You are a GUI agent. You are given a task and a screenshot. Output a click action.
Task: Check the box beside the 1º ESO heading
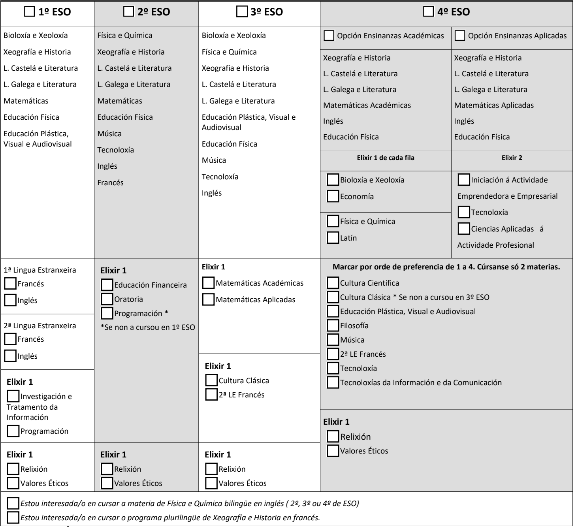pyautogui.click(x=30, y=12)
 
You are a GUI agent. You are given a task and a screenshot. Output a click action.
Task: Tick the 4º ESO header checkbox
pyautogui.click(x=428, y=12)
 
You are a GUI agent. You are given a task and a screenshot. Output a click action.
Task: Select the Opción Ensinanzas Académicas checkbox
pyautogui.click(x=329, y=36)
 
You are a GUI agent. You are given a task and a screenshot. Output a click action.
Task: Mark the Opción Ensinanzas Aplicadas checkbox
pyautogui.click(x=460, y=36)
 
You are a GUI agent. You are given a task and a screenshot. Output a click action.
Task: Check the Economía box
pyautogui.click(x=333, y=196)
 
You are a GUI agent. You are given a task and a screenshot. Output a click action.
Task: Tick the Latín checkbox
pyautogui.click(x=333, y=238)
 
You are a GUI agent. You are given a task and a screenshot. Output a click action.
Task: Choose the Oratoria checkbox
pyautogui.click(x=107, y=299)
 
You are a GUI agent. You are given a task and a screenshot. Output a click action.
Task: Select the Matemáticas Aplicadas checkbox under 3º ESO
pyautogui.click(x=208, y=299)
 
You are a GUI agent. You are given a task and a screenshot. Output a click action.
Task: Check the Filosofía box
pyautogui.click(x=333, y=326)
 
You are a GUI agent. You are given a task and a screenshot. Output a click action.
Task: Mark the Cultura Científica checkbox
pyautogui.click(x=333, y=283)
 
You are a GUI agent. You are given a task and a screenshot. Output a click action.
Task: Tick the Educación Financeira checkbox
pyautogui.click(x=107, y=285)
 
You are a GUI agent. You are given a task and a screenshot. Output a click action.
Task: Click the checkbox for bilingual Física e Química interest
pyautogui.click(x=13, y=503)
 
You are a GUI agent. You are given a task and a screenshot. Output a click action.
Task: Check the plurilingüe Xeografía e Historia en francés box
pyautogui.click(x=13, y=518)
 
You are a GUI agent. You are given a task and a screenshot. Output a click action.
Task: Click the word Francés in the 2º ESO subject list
pyautogui.click(x=111, y=183)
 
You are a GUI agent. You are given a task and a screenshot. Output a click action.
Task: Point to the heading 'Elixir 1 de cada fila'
pyautogui.click(x=386, y=158)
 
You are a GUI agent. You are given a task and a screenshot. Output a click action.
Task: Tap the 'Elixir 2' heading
pyautogui.click(x=512, y=158)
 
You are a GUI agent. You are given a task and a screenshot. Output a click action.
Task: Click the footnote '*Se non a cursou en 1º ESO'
pyautogui.click(x=148, y=327)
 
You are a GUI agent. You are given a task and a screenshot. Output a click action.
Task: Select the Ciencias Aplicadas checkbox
pyautogui.click(x=464, y=229)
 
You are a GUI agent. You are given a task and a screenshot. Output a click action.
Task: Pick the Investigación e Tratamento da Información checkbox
pyautogui.click(x=13, y=396)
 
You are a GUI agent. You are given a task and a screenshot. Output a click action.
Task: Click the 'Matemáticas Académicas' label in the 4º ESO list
pyautogui.click(x=367, y=105)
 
